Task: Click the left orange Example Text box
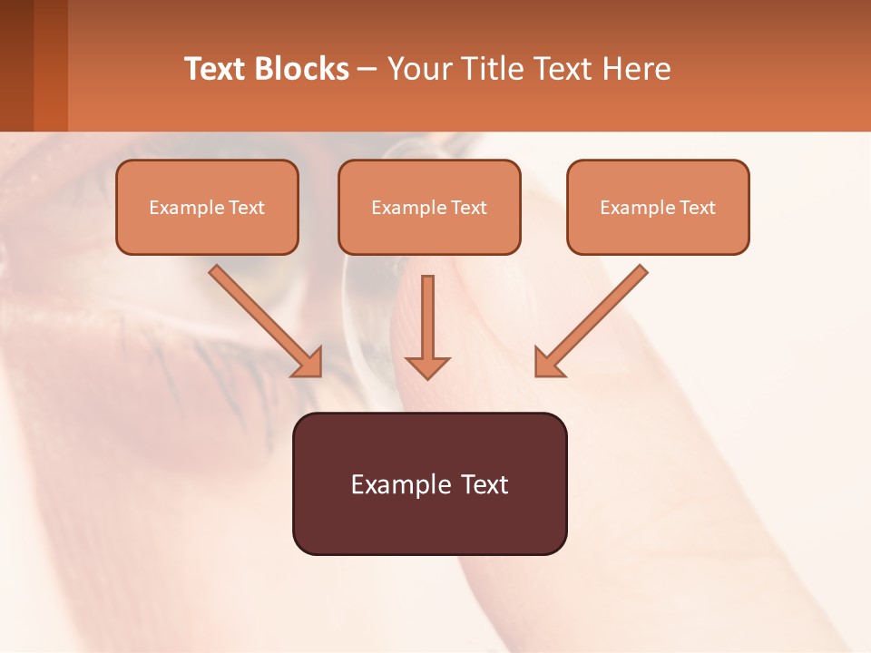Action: [207, 207]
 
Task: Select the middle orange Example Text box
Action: [429, 207]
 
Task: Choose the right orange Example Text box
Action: [658, 207]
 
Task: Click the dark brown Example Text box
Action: [429, 483]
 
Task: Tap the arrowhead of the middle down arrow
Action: [427, 366]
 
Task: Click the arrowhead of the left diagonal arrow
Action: [308, 362]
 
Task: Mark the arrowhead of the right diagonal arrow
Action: [548, 362]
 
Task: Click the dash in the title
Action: [367, 70]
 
